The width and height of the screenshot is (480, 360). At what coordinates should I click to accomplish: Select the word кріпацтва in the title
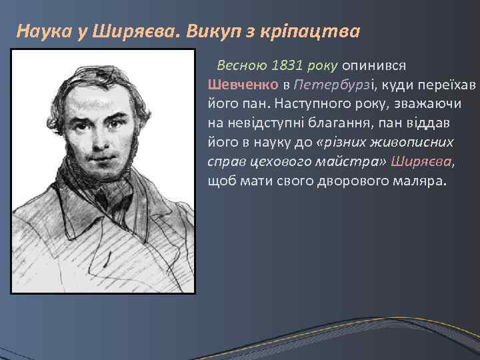coord(317,31)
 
